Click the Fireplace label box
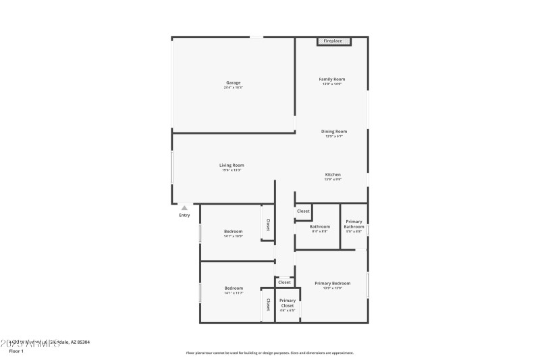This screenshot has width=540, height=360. pos(333,41)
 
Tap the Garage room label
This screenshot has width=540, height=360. pos(233,83)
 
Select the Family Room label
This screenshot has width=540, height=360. pos(332,79)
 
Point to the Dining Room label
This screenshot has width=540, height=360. pos(334,131)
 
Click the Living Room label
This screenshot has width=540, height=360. pos(232,165)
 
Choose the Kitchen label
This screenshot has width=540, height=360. pos(333,175)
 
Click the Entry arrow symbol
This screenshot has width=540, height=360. pos(184,208)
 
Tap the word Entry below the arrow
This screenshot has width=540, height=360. pos(184,215)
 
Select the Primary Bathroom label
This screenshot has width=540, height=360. pos(354,224)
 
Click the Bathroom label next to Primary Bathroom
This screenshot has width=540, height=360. pos(319,226)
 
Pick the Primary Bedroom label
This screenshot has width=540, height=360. pos(333,283)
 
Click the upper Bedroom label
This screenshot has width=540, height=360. pos(233,231)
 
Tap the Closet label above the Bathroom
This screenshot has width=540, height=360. pos(303,211)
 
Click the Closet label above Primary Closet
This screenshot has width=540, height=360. pos(284,282)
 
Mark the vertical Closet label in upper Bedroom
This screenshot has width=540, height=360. pos(268,225)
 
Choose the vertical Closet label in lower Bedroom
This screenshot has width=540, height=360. pos(268,304)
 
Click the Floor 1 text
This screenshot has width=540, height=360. pos(16,351)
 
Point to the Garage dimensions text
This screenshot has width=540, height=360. pos(233,88)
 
